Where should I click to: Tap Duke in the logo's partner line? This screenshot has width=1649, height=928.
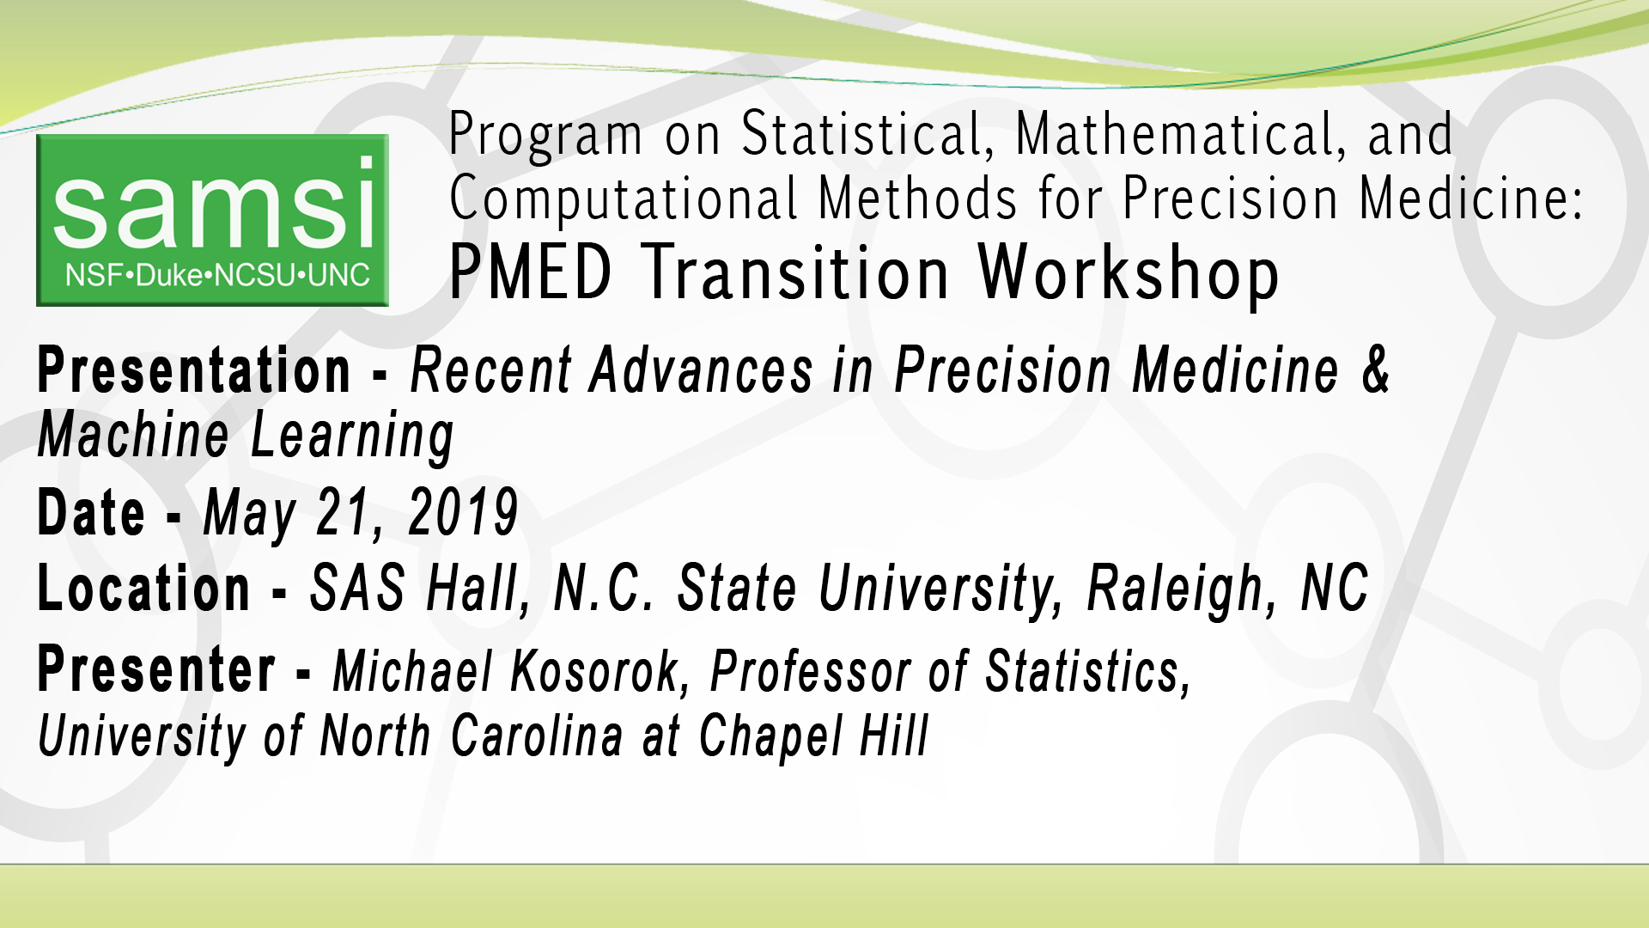coord(169,276)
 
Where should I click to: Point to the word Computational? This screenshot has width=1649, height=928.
coord(624,199)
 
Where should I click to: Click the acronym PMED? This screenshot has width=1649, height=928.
coord(530,273)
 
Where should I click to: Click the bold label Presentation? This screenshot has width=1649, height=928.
coord(194,371)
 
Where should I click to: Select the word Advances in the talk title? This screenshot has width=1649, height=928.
coord(701,371)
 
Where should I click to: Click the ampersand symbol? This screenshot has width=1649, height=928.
coord(1376,370)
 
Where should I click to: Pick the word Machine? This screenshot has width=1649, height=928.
coord(133,435)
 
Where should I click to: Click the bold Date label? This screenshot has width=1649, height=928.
coord(91,513)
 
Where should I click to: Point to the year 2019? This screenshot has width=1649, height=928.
coord(463,513)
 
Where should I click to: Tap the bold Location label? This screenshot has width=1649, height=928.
coord(144,589)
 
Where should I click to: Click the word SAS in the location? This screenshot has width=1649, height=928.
coord(357,589)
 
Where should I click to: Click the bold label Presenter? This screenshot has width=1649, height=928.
coord(156,670)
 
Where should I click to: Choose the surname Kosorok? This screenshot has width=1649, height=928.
coord(600,671)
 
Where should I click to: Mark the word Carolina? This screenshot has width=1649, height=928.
coord(537,736)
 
